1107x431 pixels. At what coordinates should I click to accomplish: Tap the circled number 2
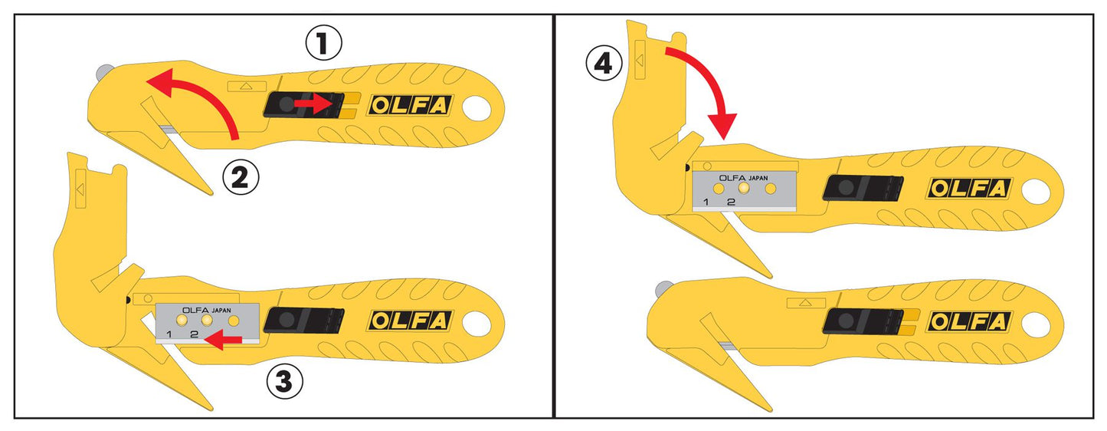[241, 178]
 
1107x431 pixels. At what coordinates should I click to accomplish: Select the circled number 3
[284, 382]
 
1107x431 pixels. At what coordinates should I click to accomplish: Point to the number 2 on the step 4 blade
[731, 202]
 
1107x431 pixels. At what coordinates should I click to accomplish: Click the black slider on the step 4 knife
[861, 189]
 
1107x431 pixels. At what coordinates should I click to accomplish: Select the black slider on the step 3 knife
[308, 320]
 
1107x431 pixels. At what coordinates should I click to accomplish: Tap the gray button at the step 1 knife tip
[101, 74]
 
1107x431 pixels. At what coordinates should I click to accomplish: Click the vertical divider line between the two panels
[553, 215]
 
